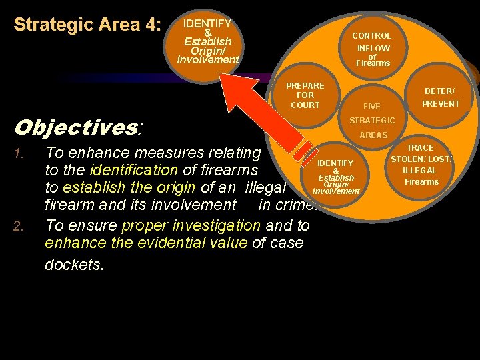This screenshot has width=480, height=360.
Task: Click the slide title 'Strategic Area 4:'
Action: coord(87,25)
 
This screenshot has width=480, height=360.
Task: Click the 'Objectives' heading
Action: coord(77,127)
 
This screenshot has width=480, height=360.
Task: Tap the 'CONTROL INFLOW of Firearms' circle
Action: coord(372,49)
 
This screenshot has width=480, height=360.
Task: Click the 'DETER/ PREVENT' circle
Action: coord(440,97)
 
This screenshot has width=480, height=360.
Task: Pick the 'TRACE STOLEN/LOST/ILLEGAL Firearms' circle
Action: coord(421,165)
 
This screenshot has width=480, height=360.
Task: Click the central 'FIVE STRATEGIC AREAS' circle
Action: coord(373,121)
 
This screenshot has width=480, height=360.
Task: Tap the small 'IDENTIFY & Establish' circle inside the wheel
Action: coord(335,177)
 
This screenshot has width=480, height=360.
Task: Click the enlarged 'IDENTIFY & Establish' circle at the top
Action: coord(207,42)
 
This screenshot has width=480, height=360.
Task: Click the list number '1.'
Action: coord(20,155)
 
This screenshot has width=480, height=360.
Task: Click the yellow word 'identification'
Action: coord(133,169)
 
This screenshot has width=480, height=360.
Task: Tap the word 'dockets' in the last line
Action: coord(73,264)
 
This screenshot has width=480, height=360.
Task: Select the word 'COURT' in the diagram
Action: coord(305,105)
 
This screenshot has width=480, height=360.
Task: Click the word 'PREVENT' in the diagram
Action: coord(441,103)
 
